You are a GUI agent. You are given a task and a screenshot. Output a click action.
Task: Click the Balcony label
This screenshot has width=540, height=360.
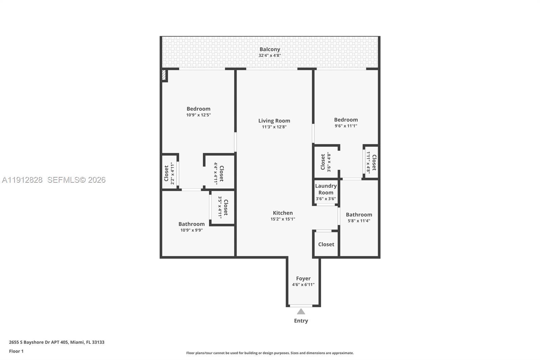pos(270,49)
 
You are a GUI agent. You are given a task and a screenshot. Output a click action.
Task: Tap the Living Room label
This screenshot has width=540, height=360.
pos(274,121)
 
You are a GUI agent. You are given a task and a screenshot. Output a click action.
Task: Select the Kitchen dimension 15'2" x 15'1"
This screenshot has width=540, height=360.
pos(283,219)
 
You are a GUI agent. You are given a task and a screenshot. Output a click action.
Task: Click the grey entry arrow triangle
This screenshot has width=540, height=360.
pos(301,311)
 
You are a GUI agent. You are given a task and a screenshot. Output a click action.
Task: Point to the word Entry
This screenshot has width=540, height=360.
pos(301,321)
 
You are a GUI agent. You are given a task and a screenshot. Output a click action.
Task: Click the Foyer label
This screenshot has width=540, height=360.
pos(303,279)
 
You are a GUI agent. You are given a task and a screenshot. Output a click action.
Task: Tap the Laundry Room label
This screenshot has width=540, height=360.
pos(326,189)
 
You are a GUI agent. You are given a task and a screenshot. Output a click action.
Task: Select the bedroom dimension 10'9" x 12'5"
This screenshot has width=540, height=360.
pos(198,115)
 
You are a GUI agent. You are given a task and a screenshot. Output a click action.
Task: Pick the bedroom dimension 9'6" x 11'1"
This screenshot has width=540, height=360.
pos(346,126)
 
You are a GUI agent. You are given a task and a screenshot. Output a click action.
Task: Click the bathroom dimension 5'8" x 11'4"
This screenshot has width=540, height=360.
pos(359,221)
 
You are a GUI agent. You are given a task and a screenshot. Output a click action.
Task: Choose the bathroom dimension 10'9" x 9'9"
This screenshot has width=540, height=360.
pos(192,230)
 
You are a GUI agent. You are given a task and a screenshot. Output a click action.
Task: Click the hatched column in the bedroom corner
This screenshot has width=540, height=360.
pos(164,75)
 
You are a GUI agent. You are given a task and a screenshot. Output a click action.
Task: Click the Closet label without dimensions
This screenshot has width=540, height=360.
pos(326,244)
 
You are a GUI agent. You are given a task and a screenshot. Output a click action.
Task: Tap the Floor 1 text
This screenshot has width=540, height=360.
pos(17,351)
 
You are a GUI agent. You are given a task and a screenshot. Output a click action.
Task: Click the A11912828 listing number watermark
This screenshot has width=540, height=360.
pos(22,180)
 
